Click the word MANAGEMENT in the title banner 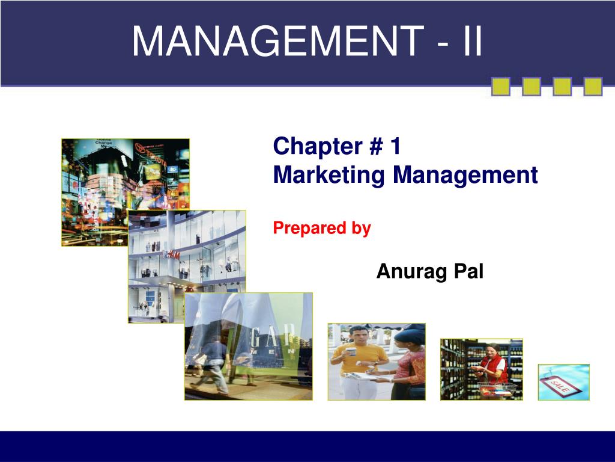pos(277,42)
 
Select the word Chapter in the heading pos(318,147)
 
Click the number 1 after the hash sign pos(396,146)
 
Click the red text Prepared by pos(322,228)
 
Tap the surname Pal pos(468,271)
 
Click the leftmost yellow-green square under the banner pos(501,87)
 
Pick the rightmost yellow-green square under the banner pos(593,87)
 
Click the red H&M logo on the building pos(171,255)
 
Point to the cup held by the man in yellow pos(351,351)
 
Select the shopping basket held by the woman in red pos(497,389)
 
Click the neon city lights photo pos(126,192)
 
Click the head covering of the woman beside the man pos(410,335)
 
